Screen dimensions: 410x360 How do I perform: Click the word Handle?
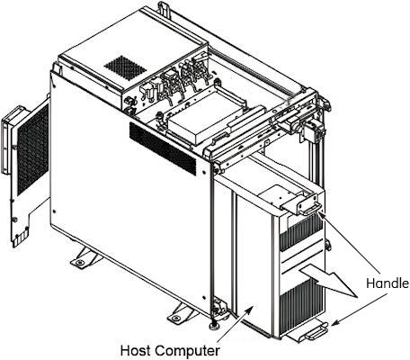[x=388, y=283]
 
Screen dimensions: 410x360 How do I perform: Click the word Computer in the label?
[x=188, y=351]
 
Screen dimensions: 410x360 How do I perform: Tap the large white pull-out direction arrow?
[x=330, y=280]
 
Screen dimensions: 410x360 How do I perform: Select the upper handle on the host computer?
[x=310, y=209]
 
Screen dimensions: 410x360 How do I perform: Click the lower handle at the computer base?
[x=316, y=332]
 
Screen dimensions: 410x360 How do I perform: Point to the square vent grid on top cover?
[x=125, y=67]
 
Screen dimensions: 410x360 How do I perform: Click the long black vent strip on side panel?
[x=164, y=148]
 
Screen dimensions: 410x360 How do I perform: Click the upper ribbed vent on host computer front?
[x=301, y=232]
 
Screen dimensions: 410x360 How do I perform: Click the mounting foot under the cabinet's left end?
[x=84, y=257]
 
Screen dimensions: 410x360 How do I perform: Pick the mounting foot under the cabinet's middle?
[x=182, y=313]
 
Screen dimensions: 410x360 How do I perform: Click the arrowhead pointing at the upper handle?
[x=321, y=215]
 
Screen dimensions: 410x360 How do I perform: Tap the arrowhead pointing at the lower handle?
[x=335, y=323]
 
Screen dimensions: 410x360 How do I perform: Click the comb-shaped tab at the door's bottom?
[x=21, y=238]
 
